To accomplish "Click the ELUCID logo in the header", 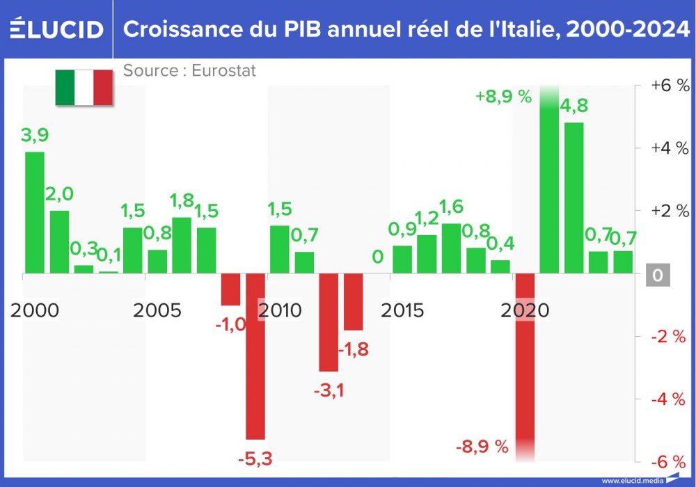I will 56,29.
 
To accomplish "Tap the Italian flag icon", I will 84,88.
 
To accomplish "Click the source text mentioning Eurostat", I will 189,71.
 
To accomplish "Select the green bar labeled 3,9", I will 35,212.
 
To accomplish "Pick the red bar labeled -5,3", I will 255,356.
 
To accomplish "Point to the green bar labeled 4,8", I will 574,198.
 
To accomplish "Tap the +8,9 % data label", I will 503,97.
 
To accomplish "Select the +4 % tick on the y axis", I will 669,148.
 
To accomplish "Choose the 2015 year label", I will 402,310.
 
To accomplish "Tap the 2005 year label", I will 157,310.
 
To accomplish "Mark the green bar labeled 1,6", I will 451,248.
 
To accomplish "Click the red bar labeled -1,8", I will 353,301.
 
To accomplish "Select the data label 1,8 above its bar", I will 182,202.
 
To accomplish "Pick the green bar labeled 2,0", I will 59,241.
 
